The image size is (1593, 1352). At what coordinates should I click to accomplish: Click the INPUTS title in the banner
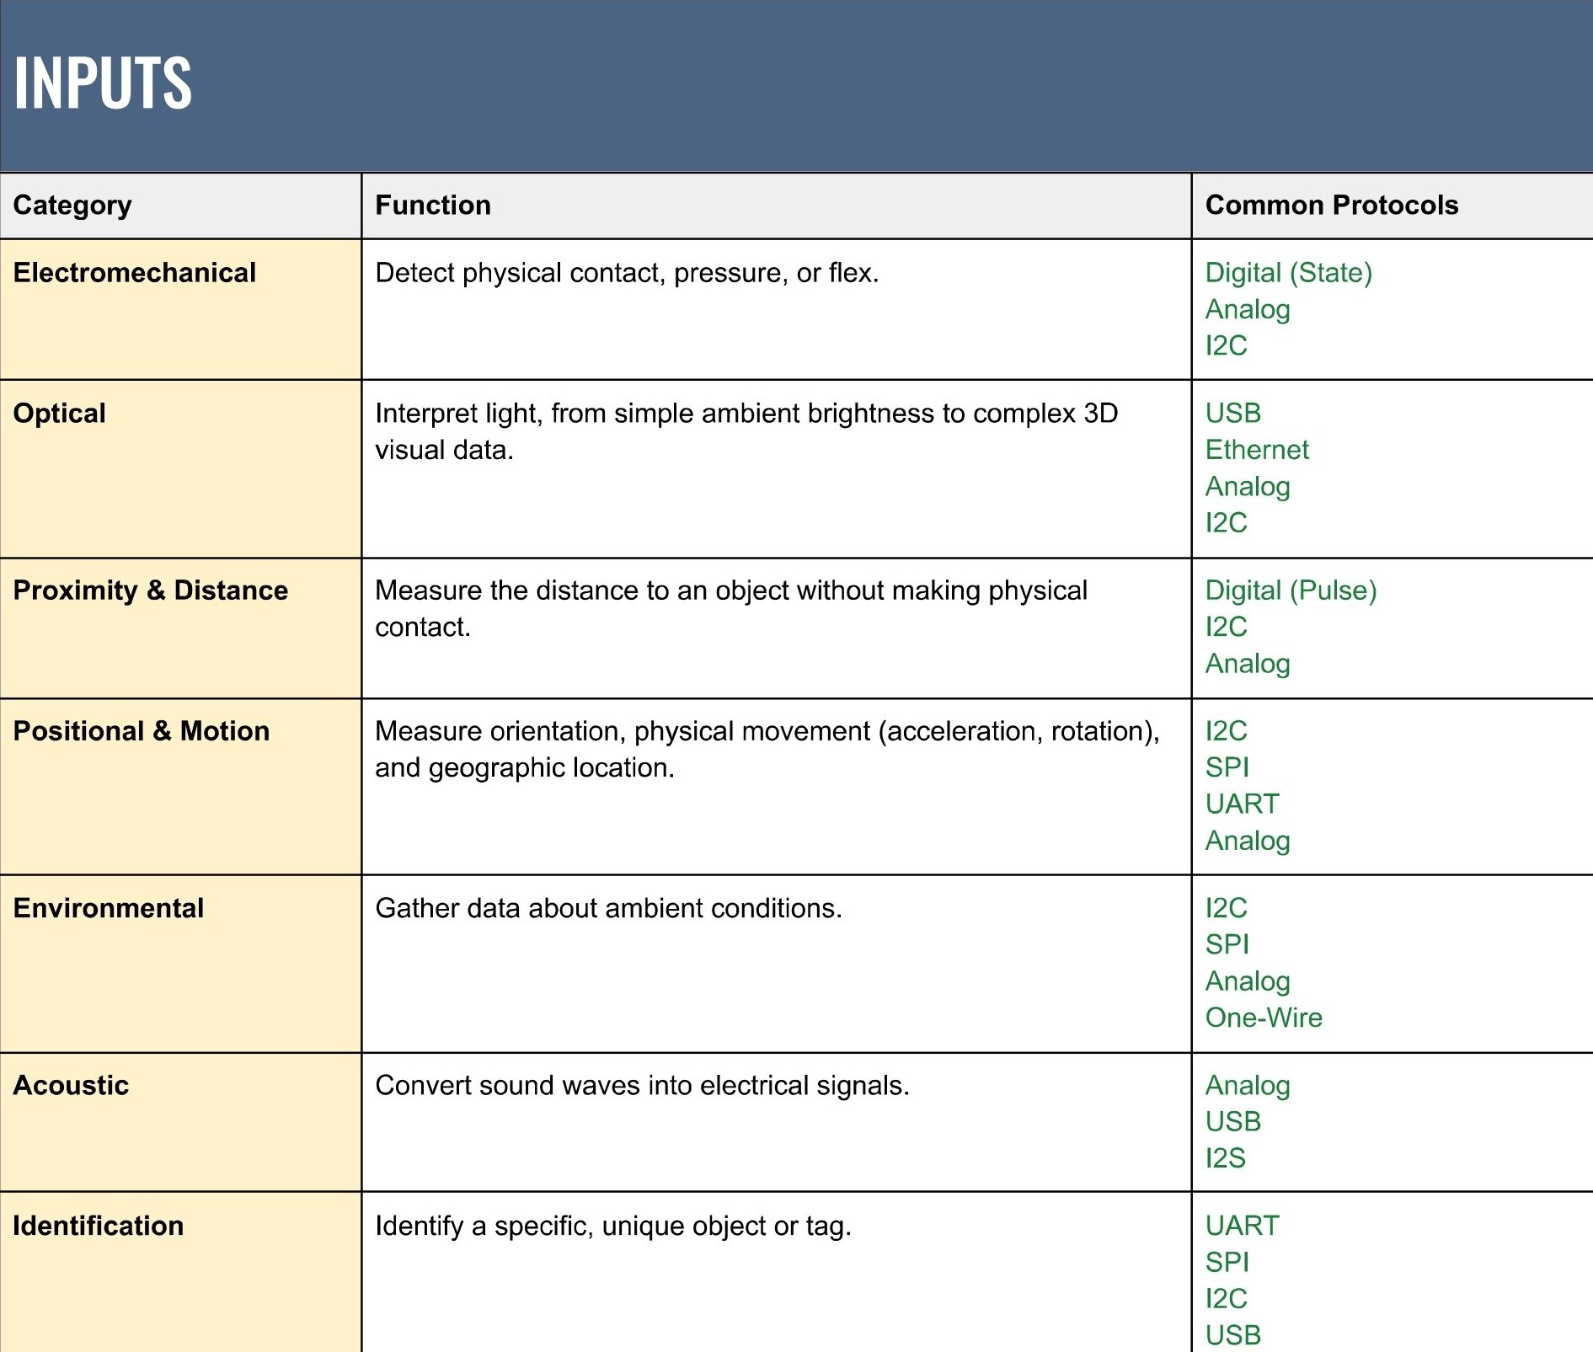click(103, 83)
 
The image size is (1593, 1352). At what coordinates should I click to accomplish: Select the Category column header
click(72, 206)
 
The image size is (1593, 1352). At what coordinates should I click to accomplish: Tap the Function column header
click(433, 206)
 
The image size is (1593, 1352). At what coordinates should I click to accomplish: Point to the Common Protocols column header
click(1331, 206)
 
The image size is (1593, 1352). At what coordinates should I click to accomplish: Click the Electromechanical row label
click(135, 273)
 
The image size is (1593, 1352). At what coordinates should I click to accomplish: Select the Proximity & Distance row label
click(151, 590)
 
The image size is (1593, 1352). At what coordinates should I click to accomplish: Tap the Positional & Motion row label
click(142, 731)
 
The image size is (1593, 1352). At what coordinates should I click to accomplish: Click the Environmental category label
click(109, 908)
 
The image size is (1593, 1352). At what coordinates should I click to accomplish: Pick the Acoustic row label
click(72, 1085)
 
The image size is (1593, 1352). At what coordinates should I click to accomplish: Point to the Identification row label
click(99, 1226)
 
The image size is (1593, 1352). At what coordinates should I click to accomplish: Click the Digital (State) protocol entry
click(1288, 273)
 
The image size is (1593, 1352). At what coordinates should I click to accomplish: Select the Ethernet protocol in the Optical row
click(1257, 450)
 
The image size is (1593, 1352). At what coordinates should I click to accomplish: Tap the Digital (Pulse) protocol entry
click(1291, 590)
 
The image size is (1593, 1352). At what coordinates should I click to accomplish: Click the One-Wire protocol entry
click(1264, 1018)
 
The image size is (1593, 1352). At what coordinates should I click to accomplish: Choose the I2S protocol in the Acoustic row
click(1225, 1158)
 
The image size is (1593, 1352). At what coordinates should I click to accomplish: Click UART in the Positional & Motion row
click(1242, 804)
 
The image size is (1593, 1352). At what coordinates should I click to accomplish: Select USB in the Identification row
click(1233, 1335)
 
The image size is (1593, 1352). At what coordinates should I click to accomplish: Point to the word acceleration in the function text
click(948, 731)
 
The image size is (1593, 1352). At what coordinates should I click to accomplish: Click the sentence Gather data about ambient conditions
click(608, 908)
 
